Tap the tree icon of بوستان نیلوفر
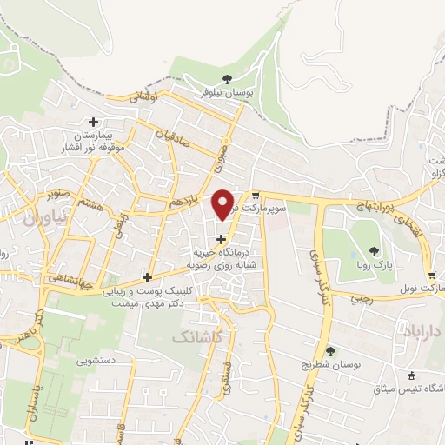227,79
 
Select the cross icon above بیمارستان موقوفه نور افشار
93,122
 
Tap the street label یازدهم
184,202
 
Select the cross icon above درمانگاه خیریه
221,238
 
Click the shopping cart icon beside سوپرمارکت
256,196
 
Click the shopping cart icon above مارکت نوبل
432,273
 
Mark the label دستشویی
98,359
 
